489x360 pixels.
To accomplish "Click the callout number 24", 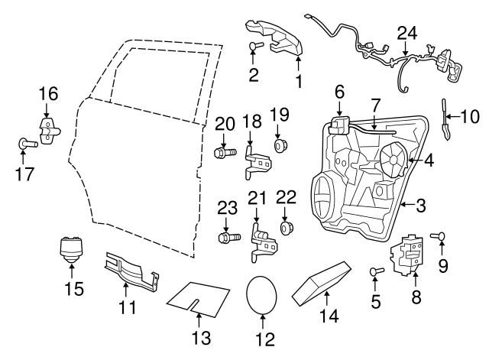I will point(407,33).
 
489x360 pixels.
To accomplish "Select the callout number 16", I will point(48,93).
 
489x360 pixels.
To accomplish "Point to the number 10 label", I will point(468,117).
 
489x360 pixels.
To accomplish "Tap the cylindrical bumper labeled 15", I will point(72,249).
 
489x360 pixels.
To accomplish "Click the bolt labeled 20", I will point(223,153).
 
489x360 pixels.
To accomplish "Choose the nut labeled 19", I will point(280,144).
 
